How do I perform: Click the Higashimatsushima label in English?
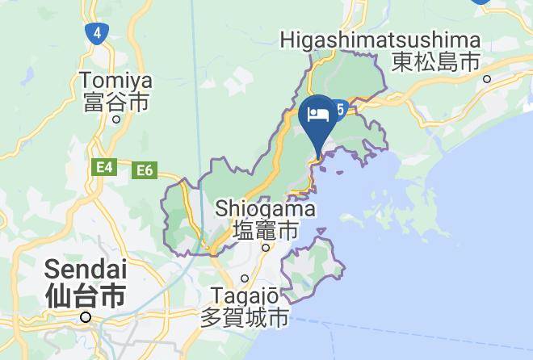(380, 40)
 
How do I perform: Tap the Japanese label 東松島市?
(435, 61)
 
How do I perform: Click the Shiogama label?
(265, 208)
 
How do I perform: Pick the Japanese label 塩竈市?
(266, 230)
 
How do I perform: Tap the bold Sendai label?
(85, 269)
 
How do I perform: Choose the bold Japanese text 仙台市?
(85, 295)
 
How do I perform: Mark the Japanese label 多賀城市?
(244, 317)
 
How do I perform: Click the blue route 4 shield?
(97, 33)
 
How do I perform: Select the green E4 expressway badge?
(104, 167)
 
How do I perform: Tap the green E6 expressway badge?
(145, 170)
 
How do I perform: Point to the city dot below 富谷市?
(116, 119)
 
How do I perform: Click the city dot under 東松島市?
(487, 78)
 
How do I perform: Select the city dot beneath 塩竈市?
(266, 247)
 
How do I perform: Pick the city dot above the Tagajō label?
(245, 278)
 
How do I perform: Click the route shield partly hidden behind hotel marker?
(342, 110)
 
